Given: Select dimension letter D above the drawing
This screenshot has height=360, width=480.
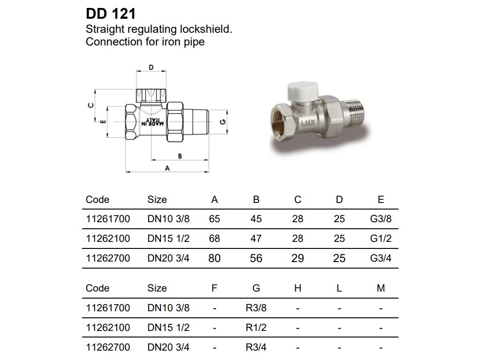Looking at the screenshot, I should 151,67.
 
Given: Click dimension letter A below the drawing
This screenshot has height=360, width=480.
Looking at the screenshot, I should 167,168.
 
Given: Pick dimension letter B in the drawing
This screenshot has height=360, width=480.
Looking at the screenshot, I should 180,155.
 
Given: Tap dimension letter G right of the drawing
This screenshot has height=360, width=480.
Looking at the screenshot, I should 223,122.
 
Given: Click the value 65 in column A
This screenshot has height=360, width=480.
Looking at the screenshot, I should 214,219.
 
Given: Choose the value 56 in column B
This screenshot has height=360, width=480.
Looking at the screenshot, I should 256,258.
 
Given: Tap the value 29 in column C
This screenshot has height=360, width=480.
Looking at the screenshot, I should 298,258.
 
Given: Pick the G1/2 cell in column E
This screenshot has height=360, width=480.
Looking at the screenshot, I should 380,239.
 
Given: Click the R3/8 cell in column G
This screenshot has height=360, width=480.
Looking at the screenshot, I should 256,308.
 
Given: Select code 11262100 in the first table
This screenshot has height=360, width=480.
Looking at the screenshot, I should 108,239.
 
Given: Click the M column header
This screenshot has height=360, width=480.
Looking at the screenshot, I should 381,288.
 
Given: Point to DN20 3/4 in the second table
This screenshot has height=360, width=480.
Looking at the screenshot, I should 168,348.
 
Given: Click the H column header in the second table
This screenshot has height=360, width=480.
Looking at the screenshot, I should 298,288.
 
